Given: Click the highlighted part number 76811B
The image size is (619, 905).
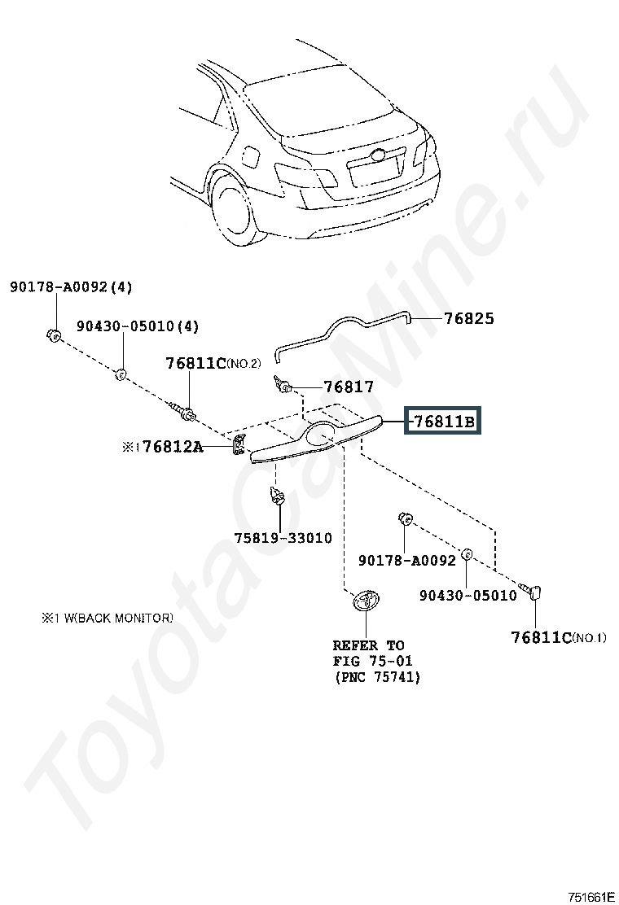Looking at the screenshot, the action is pyautogui.click(x=442, y=422).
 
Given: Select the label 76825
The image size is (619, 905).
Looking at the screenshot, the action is pyautogui.click(x=469, y=318).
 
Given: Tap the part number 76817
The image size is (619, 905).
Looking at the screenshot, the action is pyautogui.click(x=349, y=386).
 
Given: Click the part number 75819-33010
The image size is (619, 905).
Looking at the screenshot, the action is pyautogui.click(x=283, y=538).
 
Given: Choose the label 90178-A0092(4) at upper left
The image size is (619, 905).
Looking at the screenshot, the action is pyautogui.click(x=71, y=286).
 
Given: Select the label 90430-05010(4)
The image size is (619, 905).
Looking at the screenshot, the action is pyautogui.click(x=138, y=326).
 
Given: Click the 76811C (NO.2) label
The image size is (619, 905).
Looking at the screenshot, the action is pyautogui.click(x=213, y=363).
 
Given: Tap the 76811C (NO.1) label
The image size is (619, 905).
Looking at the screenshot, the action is pyautogui.click(x=559, y=637).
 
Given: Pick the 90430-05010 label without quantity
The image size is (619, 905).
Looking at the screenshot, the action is pyautogui.click(x=468, y=595).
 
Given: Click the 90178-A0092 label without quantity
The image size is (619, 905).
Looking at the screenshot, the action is pyautogui.click(x=407, y=560).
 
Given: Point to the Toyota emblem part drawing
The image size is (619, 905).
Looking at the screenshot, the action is pyautogui.click(x=366, y=601).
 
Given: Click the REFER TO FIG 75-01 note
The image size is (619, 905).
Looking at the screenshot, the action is pyautogui.click(x=376, y=661).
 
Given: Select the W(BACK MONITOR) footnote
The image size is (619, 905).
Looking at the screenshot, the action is pyautogui.click(x=107, y=619).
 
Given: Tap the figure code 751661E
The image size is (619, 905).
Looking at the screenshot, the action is pyautogui.click(x=590, y=896).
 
